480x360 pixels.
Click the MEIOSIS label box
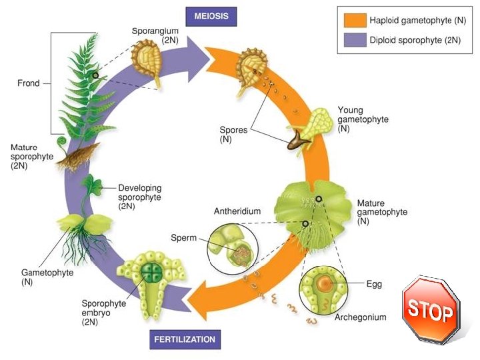211,15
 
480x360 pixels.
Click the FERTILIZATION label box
185,339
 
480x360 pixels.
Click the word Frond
28,84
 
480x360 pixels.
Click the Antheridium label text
237,211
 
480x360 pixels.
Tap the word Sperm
183,237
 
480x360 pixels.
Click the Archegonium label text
360,317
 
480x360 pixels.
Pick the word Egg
374,284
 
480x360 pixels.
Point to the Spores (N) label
233,135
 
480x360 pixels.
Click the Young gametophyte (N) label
363,119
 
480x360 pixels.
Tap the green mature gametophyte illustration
313,207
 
